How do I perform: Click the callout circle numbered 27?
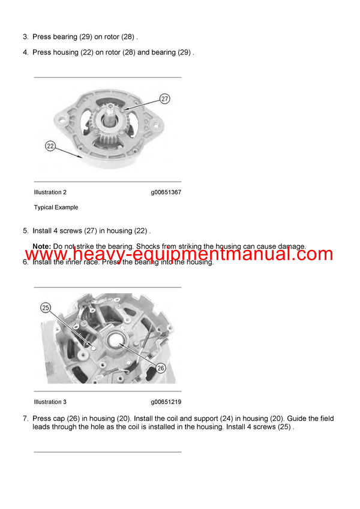[165, 98]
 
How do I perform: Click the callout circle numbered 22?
[50, 145]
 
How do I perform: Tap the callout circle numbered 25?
[46, 308]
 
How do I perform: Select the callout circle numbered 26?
[160, 368]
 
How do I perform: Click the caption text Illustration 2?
[50, 192]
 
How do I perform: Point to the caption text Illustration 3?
[50, 402]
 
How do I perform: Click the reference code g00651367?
[166, 192]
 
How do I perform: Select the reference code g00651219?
[166, 402]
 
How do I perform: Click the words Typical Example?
[56, 207]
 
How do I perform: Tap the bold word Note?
[41, 246]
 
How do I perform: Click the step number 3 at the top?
[25, 37]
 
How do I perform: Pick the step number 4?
[25, 52]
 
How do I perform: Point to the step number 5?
[25, 231]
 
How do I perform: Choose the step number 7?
[25, 418]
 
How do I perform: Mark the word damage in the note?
[290, 246]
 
